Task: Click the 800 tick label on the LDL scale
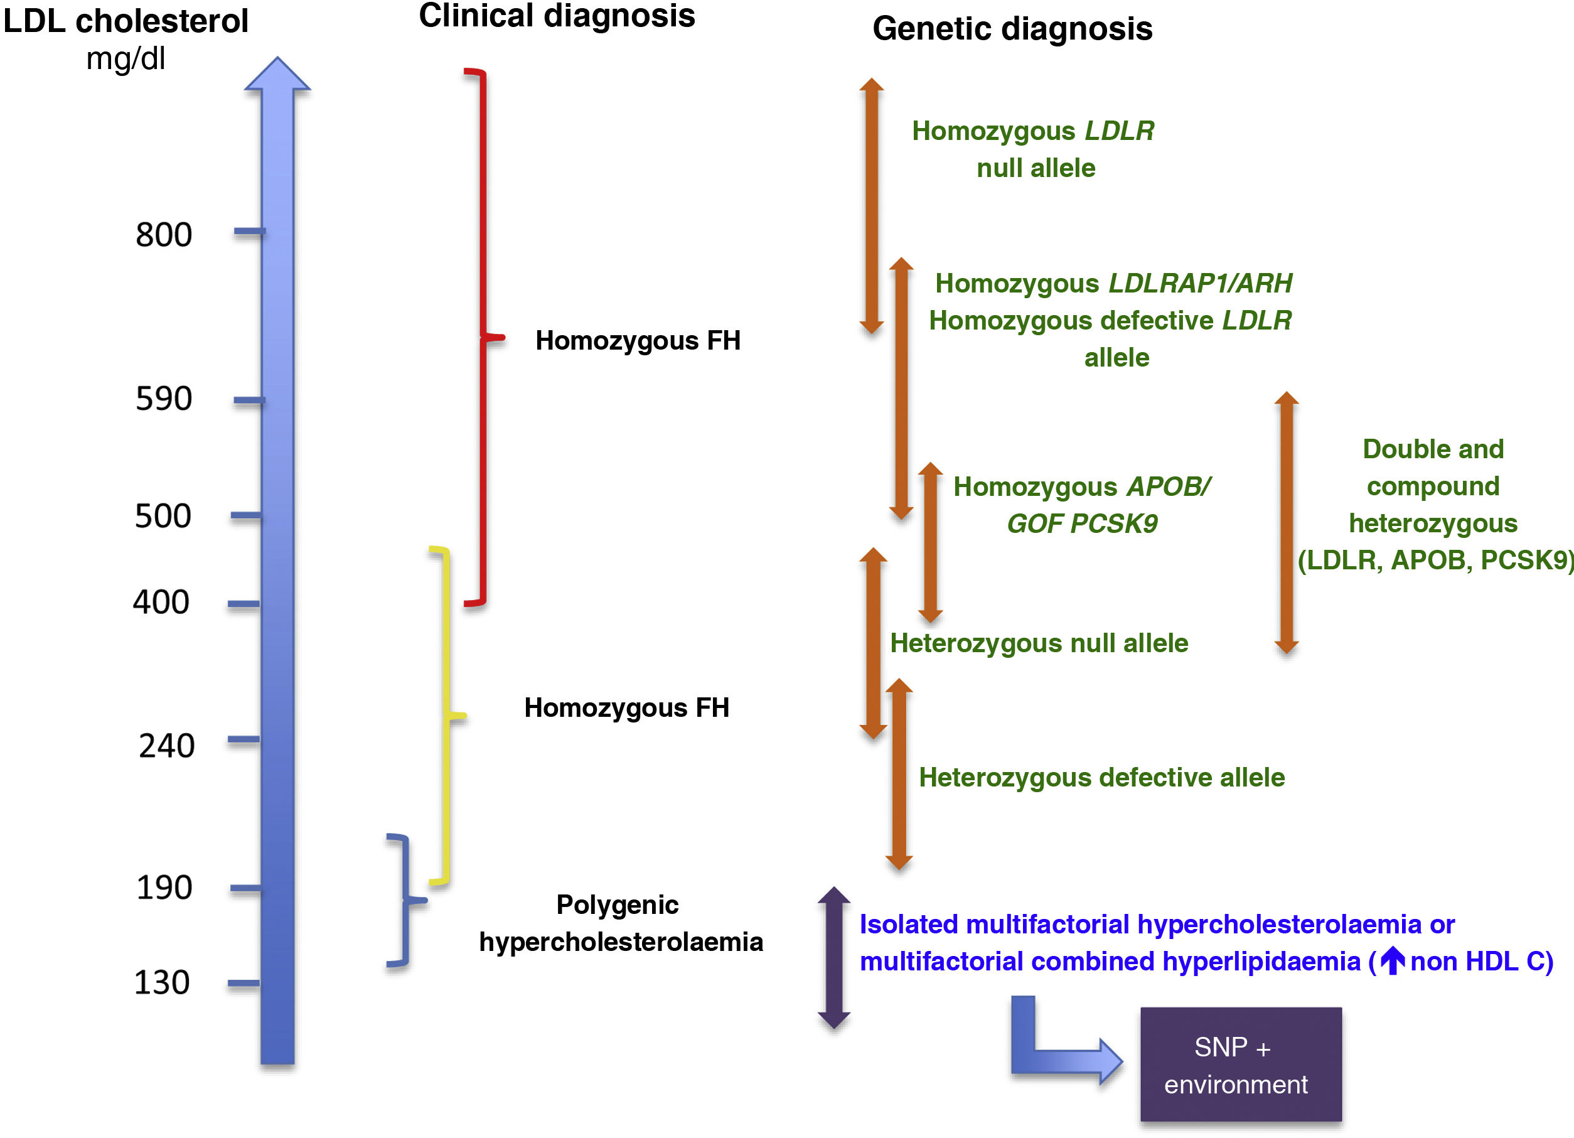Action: [x=164, y=235]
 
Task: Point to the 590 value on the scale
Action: [x=164, y=399]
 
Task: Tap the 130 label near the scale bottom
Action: [x=161, y=982]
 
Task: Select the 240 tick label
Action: [x=166, y=746]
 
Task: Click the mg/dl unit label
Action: [x=126, y=59]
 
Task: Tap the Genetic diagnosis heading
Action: [x=1012, y=29]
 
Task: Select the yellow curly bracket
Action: [x=445, y=715]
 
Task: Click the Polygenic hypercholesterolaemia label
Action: [x=621, y=923]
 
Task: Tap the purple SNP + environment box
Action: [x=1241, y=1065]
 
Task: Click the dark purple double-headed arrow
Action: [x=833, y=958]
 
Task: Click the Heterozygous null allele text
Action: [x=1039, y=643]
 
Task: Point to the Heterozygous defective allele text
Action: [x=1101, y=777]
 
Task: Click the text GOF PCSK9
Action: [x=1082, y=523]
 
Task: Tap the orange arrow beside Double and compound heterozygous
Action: [x=1286, y=522]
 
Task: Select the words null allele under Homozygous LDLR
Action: [x=1036, y=168]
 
